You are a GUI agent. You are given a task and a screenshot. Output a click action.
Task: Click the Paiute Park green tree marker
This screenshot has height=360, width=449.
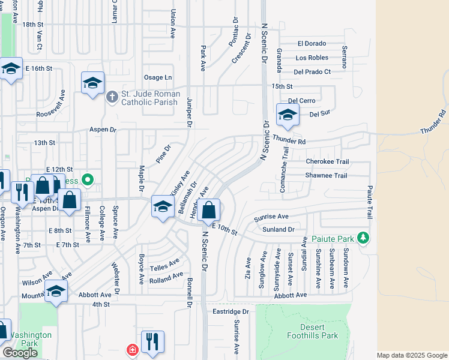pos(362,238)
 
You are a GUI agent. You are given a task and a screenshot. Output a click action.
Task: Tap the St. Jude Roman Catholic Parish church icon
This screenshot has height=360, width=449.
pos(112,97)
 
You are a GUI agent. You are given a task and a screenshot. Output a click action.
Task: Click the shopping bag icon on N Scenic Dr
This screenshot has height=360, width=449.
pos(209,211)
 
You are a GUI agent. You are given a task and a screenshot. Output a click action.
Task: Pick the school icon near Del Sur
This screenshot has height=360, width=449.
pos(288,115)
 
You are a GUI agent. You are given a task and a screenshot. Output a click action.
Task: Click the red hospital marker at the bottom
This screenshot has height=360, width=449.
pos(131,350)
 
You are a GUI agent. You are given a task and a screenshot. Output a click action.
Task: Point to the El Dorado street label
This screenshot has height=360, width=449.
pos(312,43)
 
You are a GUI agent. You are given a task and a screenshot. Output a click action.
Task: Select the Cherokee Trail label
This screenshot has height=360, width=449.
pos(327,162)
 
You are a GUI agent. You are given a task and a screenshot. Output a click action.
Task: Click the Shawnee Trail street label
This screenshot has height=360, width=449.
pos(327,176)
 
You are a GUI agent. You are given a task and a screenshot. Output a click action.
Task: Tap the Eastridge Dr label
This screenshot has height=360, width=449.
pos(231,311)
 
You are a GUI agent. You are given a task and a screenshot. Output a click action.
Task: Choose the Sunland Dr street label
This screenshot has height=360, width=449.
pos(279,229)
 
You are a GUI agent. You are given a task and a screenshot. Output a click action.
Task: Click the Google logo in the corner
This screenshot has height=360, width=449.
pos(20,353)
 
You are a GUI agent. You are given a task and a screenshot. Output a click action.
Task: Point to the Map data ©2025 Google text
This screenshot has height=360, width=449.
pos(411,355)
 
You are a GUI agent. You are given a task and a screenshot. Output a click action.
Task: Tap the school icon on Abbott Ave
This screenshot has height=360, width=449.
pos(56,292)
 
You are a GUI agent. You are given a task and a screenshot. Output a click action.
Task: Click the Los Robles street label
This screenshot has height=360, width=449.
pos(312,58)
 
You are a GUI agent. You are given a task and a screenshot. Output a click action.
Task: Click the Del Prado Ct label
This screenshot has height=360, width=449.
pos(312,72)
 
